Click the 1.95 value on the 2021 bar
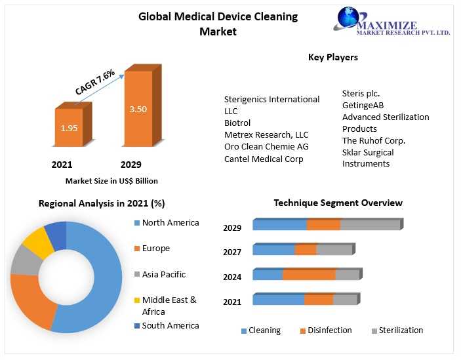pyautogui.click(x=69, y=128)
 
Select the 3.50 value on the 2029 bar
pyautogui.click(x=138, y=110)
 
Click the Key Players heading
pyautogui.click(x=333, y=58)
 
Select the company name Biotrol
pyautogui.click(x=237, y=123)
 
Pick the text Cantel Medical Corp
pyautogui.click(x=264, y=159)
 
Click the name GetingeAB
pyautogui.click(x=363, y=105)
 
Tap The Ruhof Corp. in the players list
pyautogui.click(x=374, y=140)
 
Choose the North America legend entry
pyautogui.click(x=170, y=223)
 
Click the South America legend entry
pyautogui.click(x=170, y=325)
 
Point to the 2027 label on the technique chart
pyautogui.click(x=232, y=252)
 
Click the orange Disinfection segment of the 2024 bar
pyautogui.click(x=309, y=275)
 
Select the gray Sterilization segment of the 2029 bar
pyautogui.click(x=370, y=225)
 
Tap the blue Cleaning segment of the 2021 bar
pyautogui.click(x=278, y=300)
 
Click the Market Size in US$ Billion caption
pyautogui.click(x=111, y=181)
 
